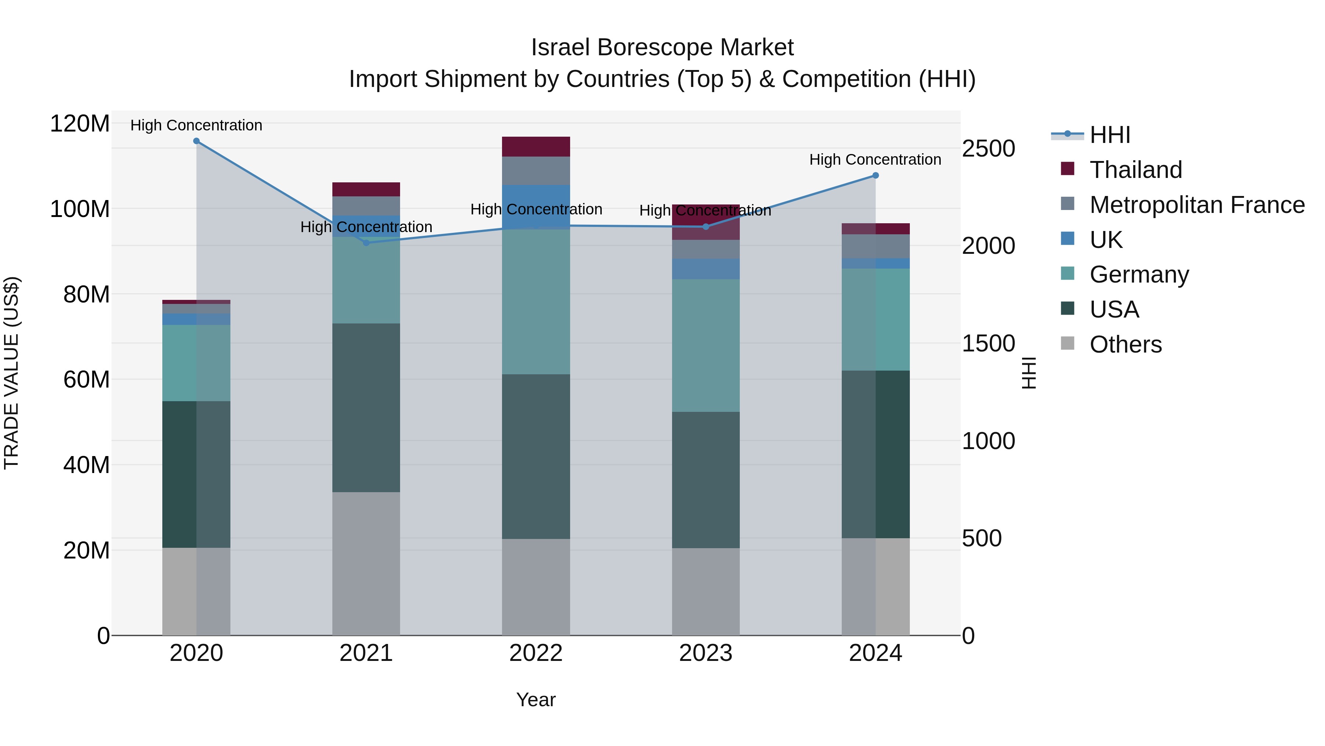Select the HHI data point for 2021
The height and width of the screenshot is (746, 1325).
click(366, 242)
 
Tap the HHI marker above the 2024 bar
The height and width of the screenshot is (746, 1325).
click(876, 176)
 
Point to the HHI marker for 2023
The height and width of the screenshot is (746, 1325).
click(706, 227)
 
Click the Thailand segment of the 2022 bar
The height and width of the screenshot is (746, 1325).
click(536, 147)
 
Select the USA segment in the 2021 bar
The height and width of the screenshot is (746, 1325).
click(366, 408)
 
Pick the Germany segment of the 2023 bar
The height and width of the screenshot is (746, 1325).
click(706, 346)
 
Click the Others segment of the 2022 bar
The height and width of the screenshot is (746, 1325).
click(536, 587)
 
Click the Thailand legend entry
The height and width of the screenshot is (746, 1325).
click(1136, 170)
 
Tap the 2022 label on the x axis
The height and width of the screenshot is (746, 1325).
click(536, 653)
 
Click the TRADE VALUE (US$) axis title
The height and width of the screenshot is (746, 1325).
click(12, 373)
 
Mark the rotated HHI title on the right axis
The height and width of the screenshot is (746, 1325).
click(1029, 373)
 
